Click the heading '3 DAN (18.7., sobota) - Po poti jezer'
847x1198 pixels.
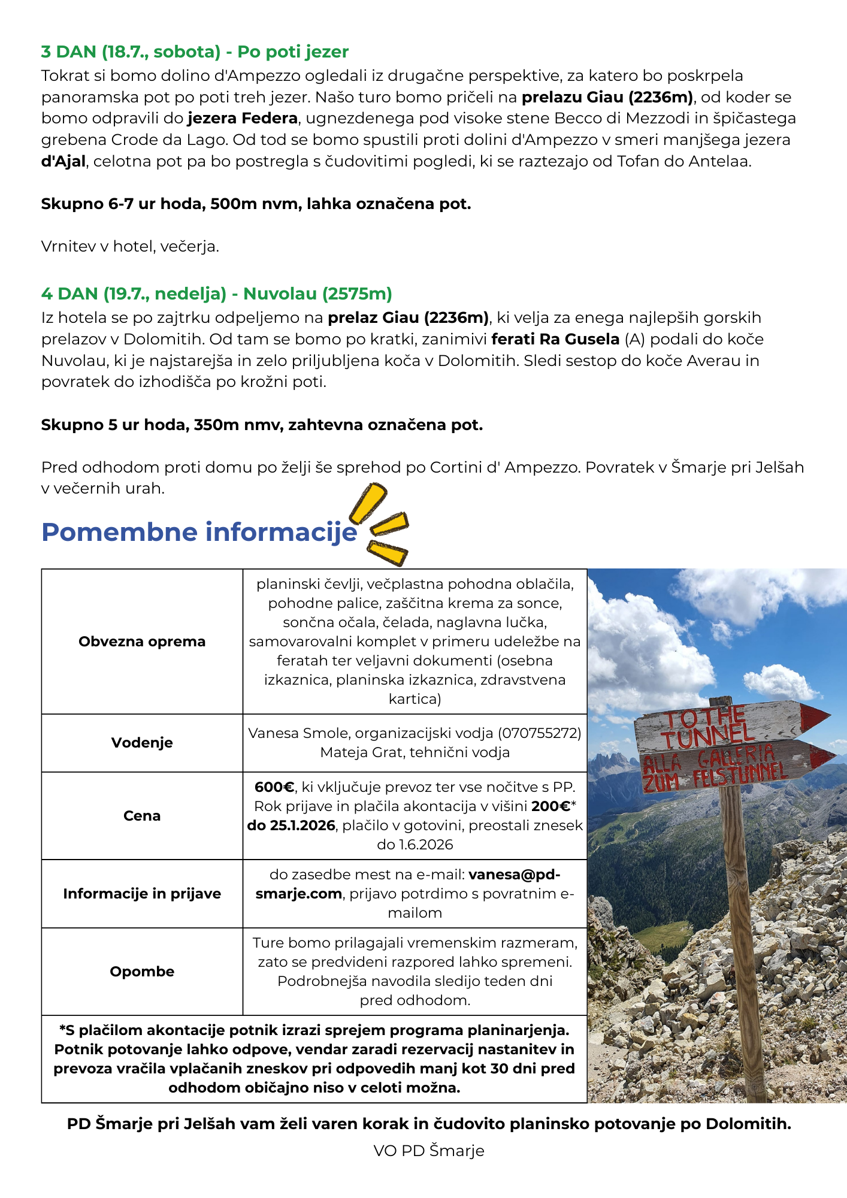tap(195, 52)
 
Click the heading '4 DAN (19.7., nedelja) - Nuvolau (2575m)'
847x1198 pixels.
tap(216, 294)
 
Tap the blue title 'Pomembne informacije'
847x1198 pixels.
tap(199, 533)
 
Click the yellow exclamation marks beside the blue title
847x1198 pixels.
tap(381, 525)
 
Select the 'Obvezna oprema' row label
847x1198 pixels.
tap(142, 642)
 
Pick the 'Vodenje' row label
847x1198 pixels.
tap(142, 743)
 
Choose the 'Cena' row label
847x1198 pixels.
tap(142, 816)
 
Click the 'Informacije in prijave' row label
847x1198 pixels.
tap(142, 894)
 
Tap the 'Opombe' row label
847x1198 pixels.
tap(142, 972)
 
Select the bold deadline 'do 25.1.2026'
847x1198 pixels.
tap(291, 825)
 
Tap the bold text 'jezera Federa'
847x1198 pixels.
tap(243, 119)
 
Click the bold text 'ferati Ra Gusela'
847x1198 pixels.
tap(555, 340)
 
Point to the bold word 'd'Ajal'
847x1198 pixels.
tap(63, 162)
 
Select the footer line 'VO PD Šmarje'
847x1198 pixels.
tap(429, 1151)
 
